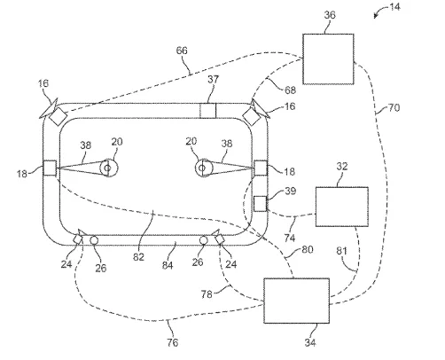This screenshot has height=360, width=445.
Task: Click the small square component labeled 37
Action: point(208,111)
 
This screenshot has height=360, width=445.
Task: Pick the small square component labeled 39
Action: point(260,204)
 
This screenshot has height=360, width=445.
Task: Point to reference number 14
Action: point(394,6)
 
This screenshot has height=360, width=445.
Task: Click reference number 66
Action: point(182,51)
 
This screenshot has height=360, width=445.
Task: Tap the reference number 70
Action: point(394,107)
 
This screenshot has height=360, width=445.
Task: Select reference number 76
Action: point(172,342)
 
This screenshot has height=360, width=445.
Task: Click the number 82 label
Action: point(138,257)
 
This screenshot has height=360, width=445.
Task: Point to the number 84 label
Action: point(168,265)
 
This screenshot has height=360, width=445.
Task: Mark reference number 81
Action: point(341,251)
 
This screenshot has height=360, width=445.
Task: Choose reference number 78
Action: point(207,294)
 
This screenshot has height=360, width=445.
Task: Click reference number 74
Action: point(290,238)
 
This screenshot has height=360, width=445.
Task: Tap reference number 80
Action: point(307,250)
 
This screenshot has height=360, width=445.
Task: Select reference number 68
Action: point(290,90)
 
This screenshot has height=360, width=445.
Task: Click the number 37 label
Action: point(213,79)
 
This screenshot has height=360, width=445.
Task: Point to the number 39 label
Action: point(290,191)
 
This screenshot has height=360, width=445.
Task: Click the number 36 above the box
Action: point(330,15)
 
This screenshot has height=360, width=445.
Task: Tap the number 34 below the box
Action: point(310,342)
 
